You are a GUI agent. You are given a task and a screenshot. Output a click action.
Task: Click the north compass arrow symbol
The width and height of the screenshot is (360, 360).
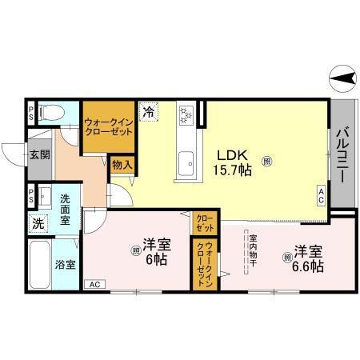[x=342, y=78]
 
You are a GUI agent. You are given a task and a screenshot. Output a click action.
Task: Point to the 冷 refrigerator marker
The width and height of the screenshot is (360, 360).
[x=149, y=113]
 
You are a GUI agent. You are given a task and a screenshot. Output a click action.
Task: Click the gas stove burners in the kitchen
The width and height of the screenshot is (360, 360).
[x=186, y=115]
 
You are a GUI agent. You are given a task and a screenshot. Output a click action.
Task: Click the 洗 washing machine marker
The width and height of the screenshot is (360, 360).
[x=38, y=225]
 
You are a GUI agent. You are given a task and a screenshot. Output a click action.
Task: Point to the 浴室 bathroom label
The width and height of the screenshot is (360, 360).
[x=65, y=263]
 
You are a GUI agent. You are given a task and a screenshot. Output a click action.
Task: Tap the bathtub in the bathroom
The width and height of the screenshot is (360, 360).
[x=38, y=263]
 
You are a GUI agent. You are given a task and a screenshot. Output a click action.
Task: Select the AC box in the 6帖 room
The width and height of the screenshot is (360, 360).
[x=94, y=284]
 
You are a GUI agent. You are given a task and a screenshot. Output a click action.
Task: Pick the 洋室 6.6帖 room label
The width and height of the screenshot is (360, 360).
[x=307, y=257]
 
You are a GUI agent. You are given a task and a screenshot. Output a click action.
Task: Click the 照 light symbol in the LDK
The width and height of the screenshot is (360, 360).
[x=267, y=161]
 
